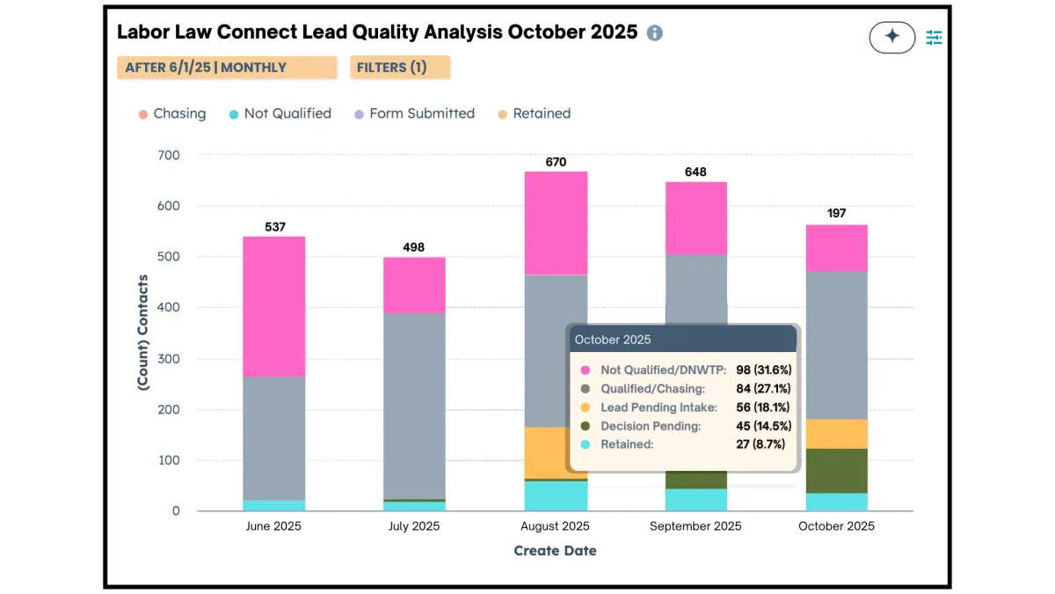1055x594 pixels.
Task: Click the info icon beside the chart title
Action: click(654, 33)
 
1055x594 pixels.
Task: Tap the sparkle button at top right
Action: click(891, 37)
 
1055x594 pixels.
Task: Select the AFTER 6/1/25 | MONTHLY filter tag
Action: click(227, 68)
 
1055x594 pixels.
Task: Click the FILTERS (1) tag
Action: click(400, 68)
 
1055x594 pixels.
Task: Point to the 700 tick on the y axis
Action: click(168, 156)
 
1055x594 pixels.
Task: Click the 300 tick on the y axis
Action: click(168, 359)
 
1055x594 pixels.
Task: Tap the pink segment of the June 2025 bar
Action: click(274, 306)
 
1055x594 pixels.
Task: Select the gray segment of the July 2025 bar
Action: click(414, 405)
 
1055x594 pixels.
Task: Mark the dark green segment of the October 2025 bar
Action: click(836, 470)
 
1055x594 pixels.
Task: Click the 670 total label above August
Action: click(556, 162)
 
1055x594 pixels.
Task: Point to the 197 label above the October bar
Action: click(836, 214)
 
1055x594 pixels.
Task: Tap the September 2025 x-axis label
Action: click(695, 526)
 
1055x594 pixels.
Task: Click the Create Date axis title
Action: click(555, 551)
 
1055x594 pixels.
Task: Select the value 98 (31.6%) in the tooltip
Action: click(763, 370)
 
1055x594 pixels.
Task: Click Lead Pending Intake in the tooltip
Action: click(658, 407)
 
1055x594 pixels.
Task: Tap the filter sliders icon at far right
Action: click(934, 37)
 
